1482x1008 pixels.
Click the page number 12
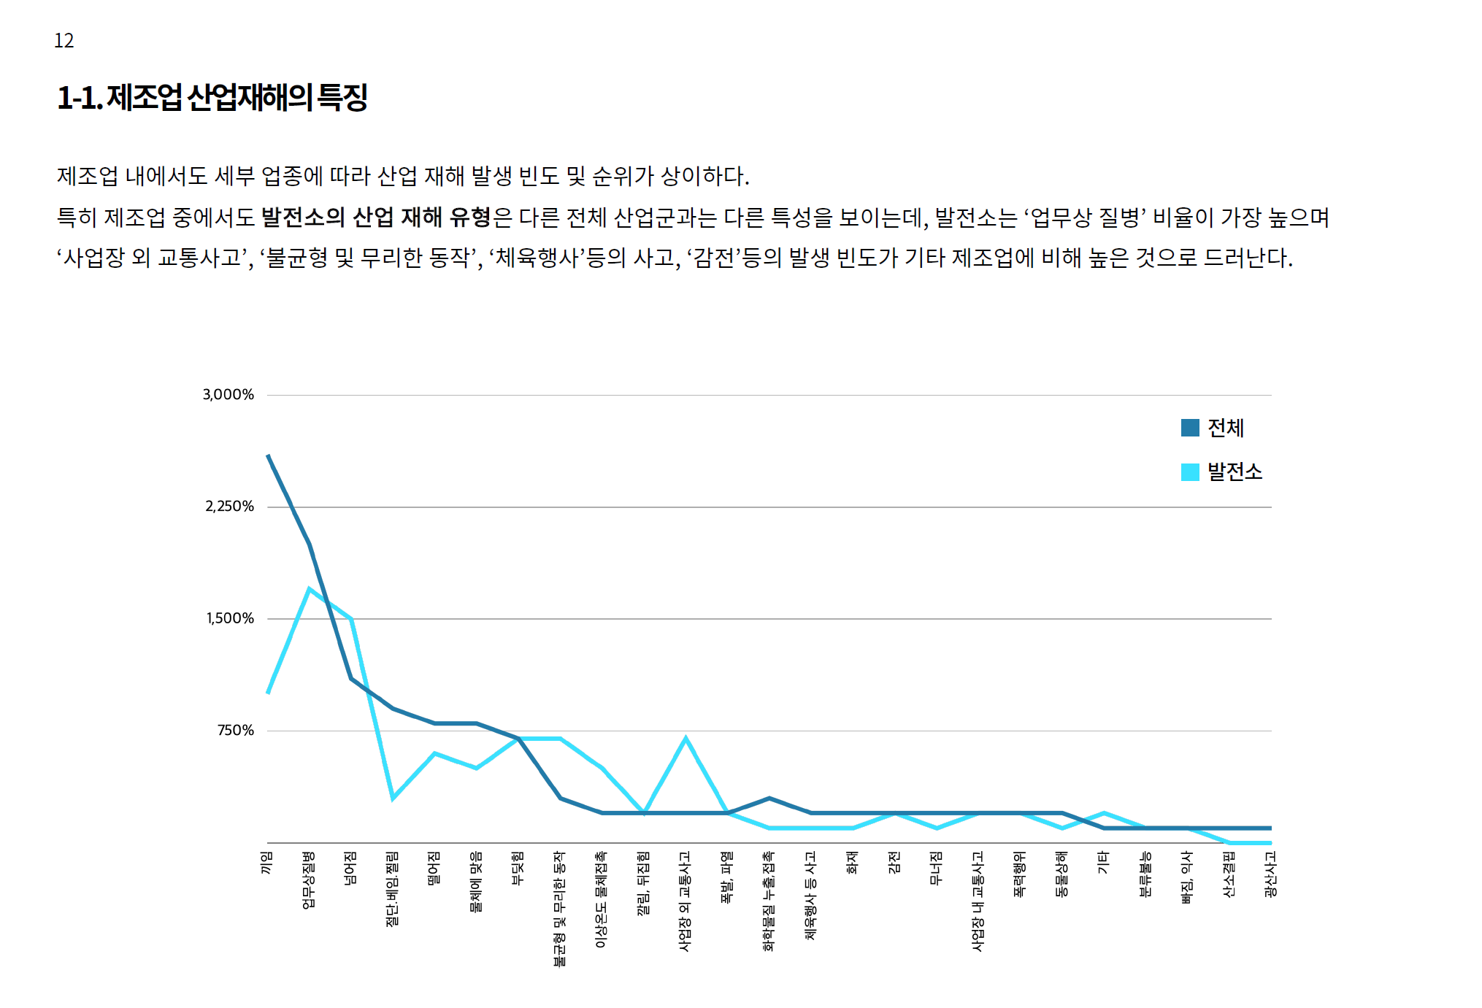[64, 41]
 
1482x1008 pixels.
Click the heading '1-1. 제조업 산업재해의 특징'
[212, 98]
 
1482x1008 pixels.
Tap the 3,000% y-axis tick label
[229, 395]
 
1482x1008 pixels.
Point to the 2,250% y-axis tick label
[229, 507]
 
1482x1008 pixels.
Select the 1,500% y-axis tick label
[230, 619]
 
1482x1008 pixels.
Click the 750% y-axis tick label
[235, 731]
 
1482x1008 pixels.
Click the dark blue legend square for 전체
[1190, 428]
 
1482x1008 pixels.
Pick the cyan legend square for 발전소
[1190, 472]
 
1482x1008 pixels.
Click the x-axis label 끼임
[267, 863]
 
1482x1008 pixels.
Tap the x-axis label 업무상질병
[309, 880]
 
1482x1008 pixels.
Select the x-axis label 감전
[894, 863]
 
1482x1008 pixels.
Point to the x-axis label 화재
[852, 863]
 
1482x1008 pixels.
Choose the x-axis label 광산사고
[1270, 874]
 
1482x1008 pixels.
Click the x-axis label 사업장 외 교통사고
[685, 901]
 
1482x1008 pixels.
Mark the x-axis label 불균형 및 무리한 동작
[560, 908]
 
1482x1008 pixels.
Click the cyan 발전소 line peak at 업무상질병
[310, 589]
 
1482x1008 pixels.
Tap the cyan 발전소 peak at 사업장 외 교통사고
[686, 739]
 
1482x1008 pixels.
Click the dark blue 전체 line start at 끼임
[269, 456]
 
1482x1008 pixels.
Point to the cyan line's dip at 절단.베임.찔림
[393, 798]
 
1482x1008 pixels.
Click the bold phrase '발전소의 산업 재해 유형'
[376, 217]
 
